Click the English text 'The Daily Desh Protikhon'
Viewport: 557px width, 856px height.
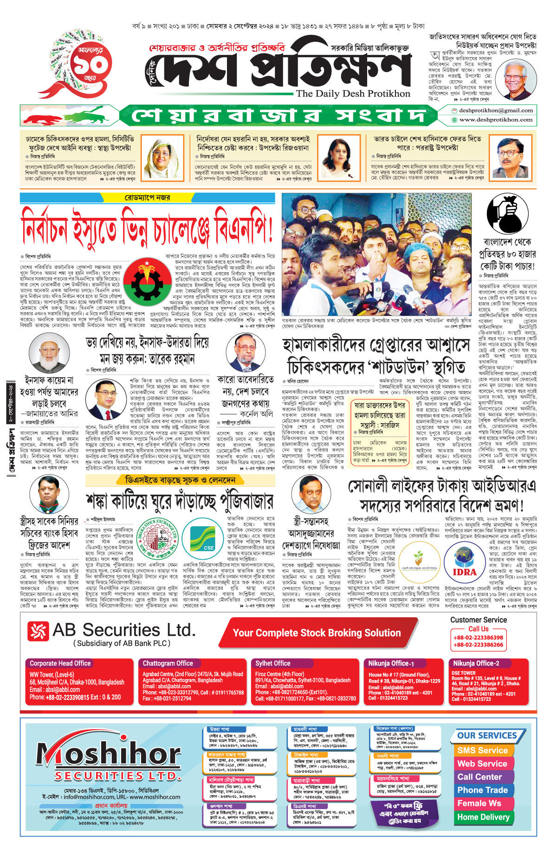[353, 93]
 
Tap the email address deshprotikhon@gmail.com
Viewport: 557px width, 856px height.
[495, 111]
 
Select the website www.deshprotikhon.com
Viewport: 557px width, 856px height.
[495, 120]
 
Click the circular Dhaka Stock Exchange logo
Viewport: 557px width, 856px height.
[159, 539]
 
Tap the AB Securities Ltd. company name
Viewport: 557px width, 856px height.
[124, 630]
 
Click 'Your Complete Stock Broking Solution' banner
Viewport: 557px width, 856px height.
[317, 633]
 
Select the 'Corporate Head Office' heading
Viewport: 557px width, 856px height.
[60, 663]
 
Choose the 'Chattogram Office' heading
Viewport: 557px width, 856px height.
[168, 663]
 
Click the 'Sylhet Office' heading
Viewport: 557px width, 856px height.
[272, 663]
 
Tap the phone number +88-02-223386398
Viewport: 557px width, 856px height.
[478, 638]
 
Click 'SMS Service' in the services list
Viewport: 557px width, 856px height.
[482, 750]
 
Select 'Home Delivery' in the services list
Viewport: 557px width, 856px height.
[483, 817]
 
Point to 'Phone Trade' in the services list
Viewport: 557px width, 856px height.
[482, 790]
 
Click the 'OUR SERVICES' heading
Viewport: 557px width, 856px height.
[487, 736]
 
